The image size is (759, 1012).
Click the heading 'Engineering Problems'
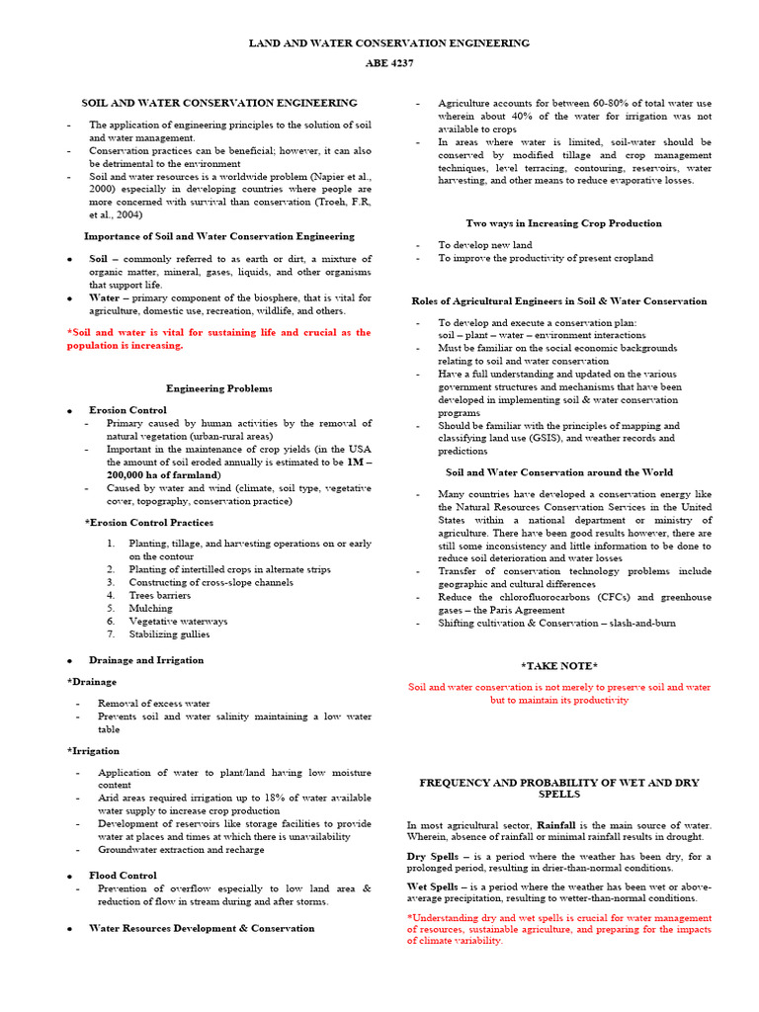pyautogui.click(x=218, y=388)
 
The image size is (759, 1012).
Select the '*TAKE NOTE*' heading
pyautogui.click(x=559, y=666)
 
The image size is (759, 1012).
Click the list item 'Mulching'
pyautogui.click(x=149, y=608)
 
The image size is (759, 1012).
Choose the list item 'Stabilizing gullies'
pyautogui.click(x=169, y=633)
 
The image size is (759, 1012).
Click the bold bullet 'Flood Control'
pyautogui.click(x=123, y=875)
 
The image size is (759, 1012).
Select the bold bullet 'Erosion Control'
pyautogui.click(x=127, y=409)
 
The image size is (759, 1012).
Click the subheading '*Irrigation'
pyautogui.click(x=92, y=751)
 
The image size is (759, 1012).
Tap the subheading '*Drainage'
pyautogui.click(x=91, y=682)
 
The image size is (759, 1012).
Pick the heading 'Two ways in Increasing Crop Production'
pyautogui.click(x=563, y=223)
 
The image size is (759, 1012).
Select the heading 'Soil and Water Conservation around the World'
pyautogui.click(x=559, y=472)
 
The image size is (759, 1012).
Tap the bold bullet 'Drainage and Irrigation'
pyautogui.click(x=146, y=659)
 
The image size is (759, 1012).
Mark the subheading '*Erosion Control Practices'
pyautogui.click(x=149, y=522)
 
